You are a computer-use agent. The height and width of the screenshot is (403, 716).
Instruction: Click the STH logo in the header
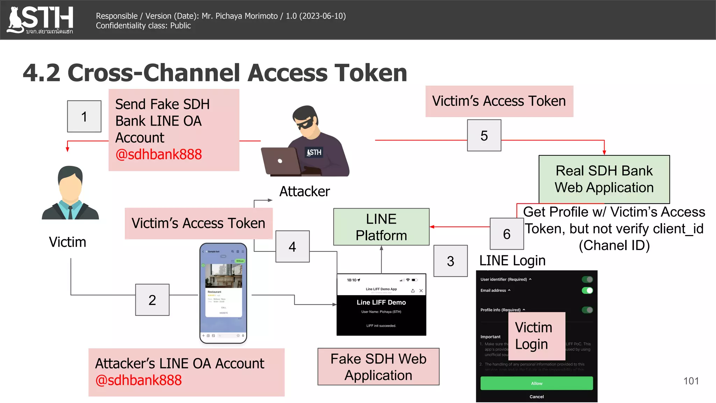(x=40, y=20)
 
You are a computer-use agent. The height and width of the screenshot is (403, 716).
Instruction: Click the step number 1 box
(x=84, y=116)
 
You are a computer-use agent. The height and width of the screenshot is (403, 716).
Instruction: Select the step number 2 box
(x=152, y=300)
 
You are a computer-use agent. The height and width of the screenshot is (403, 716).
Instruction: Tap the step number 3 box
(x=450, y=261)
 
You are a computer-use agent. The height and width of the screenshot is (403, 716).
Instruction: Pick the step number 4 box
(x=292, y=247)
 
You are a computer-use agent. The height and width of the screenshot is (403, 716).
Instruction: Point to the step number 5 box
(x=484, y=135)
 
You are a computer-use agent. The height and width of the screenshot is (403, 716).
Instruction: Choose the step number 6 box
(x=507, y=234)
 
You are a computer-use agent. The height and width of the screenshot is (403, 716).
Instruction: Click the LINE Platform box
(x=381, y=227)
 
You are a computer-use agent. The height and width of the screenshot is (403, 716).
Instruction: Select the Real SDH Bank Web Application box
(x=604, y=179)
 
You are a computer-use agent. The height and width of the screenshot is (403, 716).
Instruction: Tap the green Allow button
(x=536, y=383)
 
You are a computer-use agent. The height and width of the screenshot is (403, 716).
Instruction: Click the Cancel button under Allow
(x=536, y=397)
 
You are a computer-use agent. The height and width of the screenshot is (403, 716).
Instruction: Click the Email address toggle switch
(x=587, y=290)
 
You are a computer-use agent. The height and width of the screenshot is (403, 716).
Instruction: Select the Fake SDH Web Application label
(x=378, y=367)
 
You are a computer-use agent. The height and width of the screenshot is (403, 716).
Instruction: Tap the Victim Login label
(x=536, y=336)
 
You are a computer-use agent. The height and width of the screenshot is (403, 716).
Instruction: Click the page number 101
(x=691, y=381)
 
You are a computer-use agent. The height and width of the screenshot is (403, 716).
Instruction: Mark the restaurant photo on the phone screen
(x=223, y=276)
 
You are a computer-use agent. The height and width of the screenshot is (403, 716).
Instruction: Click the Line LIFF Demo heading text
(x=381, y=302)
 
